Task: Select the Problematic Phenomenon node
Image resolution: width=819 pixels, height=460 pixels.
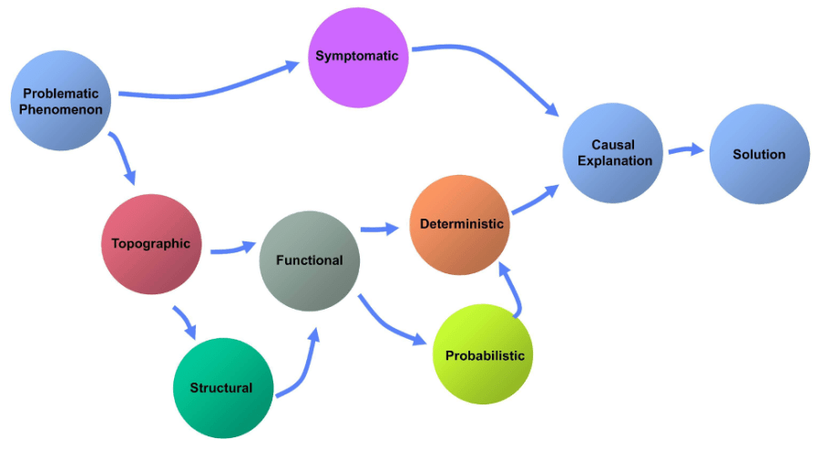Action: [x=62, y=100]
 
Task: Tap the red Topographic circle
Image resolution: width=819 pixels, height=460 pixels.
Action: [x=150, y=243]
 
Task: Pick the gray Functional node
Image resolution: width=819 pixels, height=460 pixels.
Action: [x=310, y=261]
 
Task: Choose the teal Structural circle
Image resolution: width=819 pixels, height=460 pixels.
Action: [x=222, y=388]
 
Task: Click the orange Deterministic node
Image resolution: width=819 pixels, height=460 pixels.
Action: [x=460, y=224]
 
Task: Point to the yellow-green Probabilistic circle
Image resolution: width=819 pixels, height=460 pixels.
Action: [x=483, y=355]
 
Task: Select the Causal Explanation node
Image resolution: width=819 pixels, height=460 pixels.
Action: [x=612, y=153]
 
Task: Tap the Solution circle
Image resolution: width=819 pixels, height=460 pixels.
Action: [x=759, y=153]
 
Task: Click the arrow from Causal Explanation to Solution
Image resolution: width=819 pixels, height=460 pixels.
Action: [x=685, y=151]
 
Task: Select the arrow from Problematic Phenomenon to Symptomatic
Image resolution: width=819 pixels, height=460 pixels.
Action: [x=210, y=88]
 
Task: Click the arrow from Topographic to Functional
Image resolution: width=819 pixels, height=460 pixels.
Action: [x=232, y=249]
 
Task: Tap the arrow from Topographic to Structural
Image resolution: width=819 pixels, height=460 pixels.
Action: [x=185, y=322]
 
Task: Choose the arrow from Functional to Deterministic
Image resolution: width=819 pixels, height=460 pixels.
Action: [x=381, y=229]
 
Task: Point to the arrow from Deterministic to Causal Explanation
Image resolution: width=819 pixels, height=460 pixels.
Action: [x=536, y=202]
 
